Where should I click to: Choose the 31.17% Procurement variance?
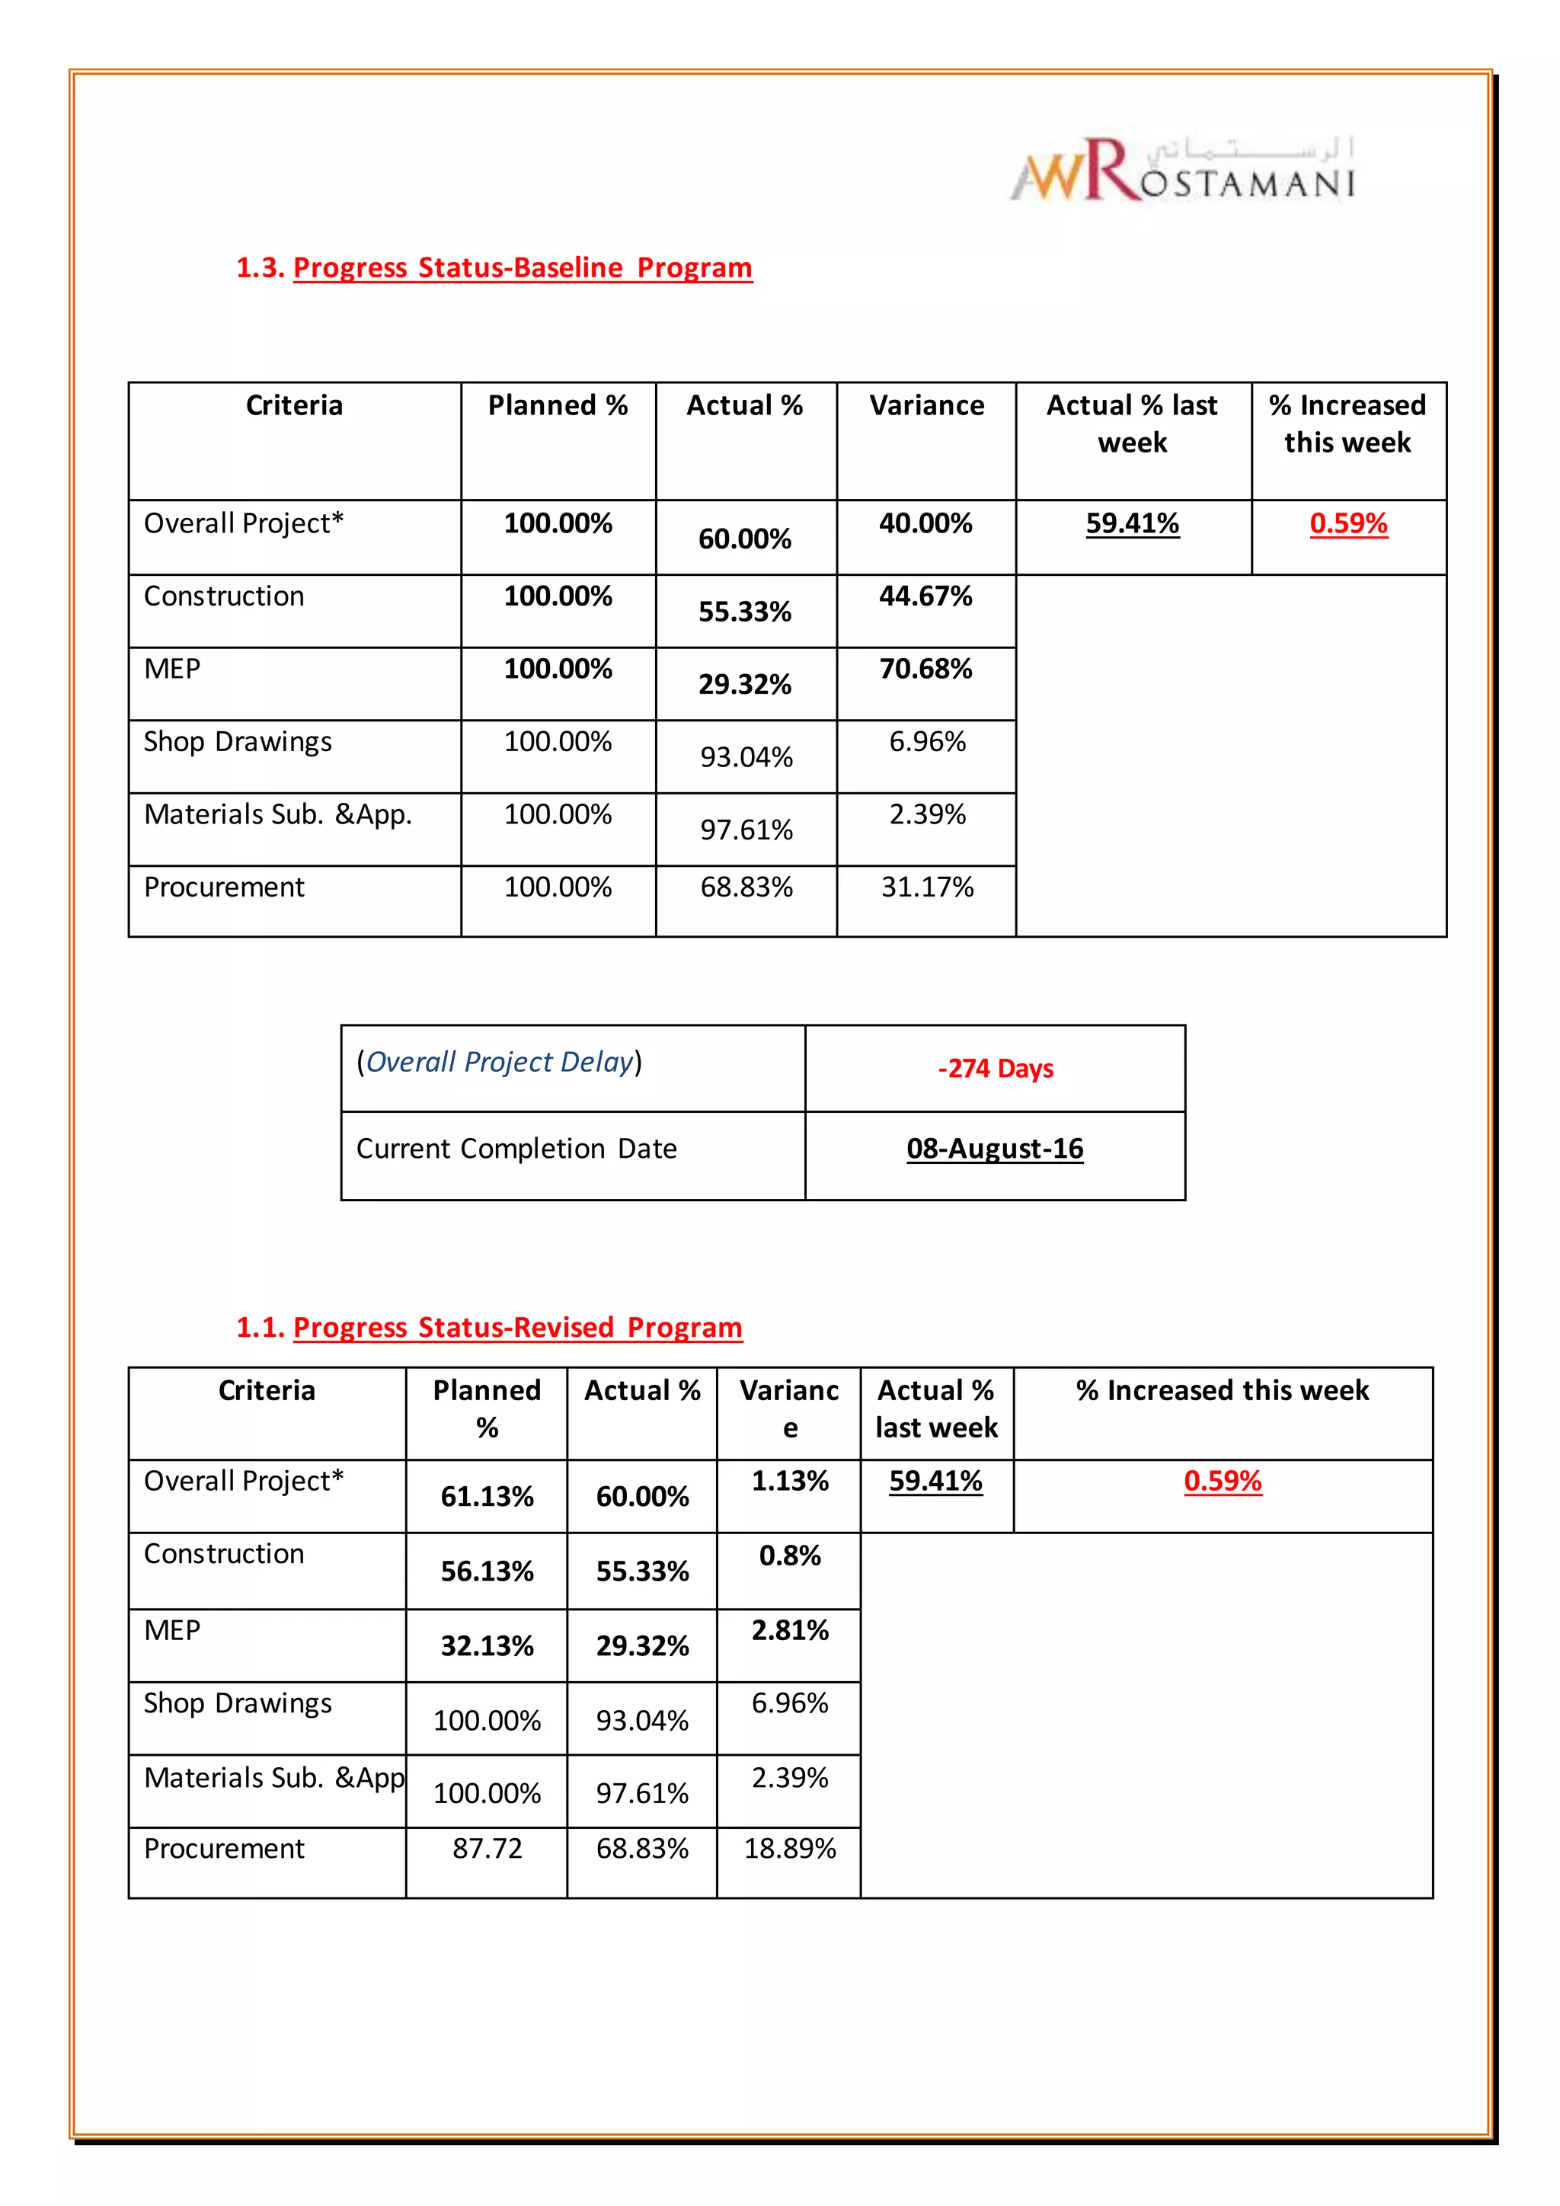click(927, 887)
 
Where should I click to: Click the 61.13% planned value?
click(487, 1496)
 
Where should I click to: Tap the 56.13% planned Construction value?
click(487, 1571)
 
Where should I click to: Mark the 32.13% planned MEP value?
click(487, 1646)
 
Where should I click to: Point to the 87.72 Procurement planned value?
click(487, 1848)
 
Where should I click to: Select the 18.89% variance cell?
click(790, 1848)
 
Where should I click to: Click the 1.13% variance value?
click(790, 1481)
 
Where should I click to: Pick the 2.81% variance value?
click(790, 1630)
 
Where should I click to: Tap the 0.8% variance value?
click(790, 1555)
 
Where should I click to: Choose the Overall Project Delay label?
click(500, 1062)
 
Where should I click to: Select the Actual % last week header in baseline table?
click(1132, 424)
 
